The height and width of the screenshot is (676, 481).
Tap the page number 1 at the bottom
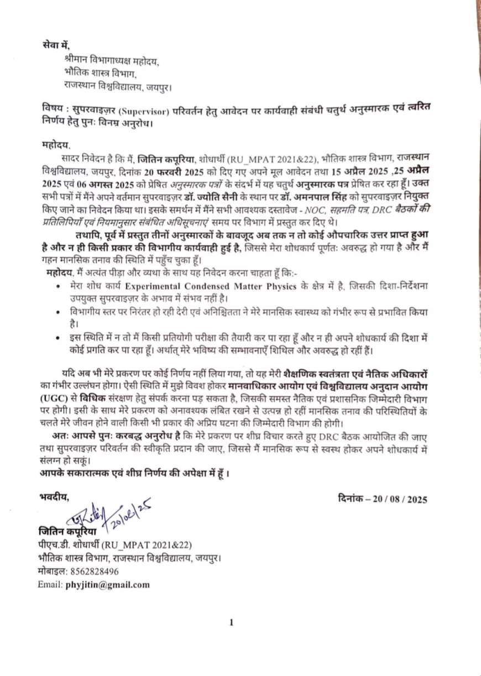(x=231, y=623)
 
